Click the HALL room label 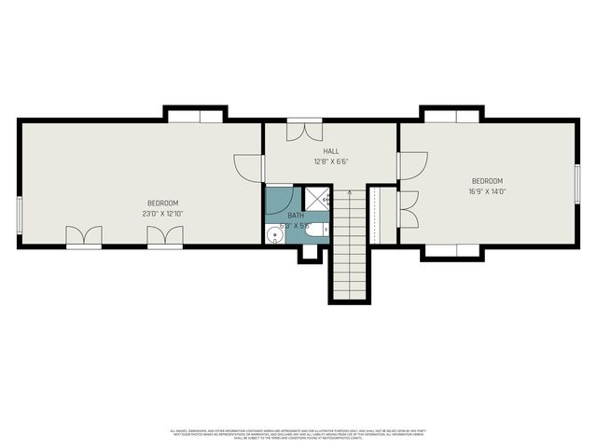(331, 151)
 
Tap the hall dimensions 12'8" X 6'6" (331, 161)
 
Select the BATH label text (295, 216)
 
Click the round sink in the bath (273, 233)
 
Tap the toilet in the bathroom (318, 229)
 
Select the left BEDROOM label (162, 203)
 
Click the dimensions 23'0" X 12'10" (162, 214)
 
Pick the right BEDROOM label (487, 181)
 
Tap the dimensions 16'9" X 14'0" (487, 191)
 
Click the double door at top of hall (304, 130)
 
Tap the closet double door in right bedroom (408, 209)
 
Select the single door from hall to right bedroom (411, 165)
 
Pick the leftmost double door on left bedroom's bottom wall (83, 237)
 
